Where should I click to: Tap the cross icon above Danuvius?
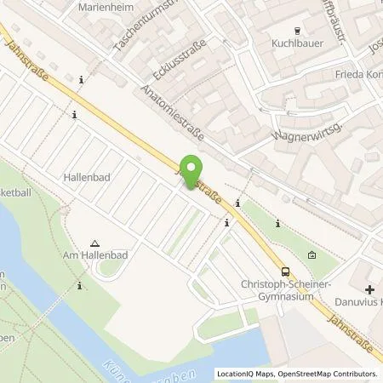(369, 289)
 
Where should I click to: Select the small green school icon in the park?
(312, 254)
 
